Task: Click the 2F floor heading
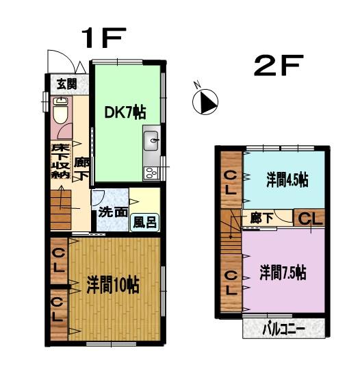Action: pyautogui.click(x=279, y=66)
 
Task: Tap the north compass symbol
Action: pyautogui.click(x=206, y=103)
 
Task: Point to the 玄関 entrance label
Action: pyautogui.click(x=66, y=84)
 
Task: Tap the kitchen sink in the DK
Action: pyautogui.click(x=153, y=142)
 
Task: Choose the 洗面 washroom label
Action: pyautogui.click(x=112, y=211)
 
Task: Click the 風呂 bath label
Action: pyautogui.click(x=143, y=222)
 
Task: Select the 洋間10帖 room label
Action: pyautogui.click(x=113, y=285)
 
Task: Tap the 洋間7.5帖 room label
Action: pyautogui.click(x=282, y=271)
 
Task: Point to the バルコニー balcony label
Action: pyautogui.click(x=284, y=329)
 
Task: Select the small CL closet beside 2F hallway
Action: pyautogui.click(x=309, y=219)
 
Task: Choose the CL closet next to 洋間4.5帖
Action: pyautogui.click(x=231, y=183)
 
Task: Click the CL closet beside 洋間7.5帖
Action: pyautogui.click(x=231, y=281)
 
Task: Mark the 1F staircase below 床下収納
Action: pyautogui.click(x=62, y=204)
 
